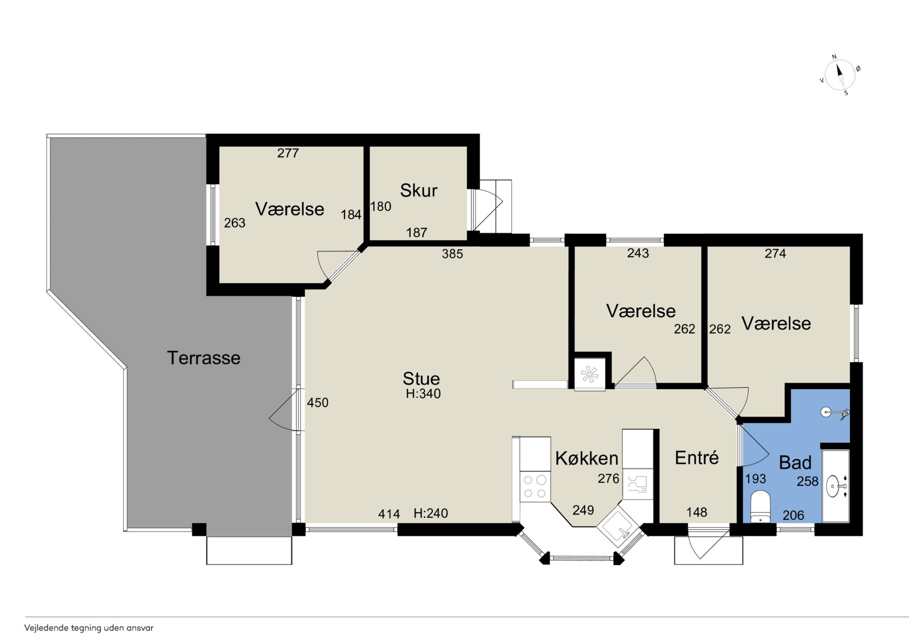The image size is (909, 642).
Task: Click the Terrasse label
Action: coord(203,358)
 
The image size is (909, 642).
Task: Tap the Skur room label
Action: coord(418,190)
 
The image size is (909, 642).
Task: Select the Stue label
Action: coord(421,379)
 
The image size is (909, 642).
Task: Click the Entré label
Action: coord(697,457)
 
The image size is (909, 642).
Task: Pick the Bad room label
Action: coord(795,462)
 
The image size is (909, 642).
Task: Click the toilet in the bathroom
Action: coord(760,507)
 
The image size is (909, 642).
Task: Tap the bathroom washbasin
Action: coord(836,486)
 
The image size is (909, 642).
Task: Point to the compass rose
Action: coord(839,75)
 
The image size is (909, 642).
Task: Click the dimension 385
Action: coord(452,254)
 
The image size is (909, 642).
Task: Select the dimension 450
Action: coord(317,403)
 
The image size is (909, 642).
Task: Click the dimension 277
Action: coord(288,153)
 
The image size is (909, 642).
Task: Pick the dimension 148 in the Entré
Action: coord(697,512)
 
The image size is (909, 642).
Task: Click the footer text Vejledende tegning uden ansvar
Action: coord(89,628)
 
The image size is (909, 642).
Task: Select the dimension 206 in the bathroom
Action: coord(793,515)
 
